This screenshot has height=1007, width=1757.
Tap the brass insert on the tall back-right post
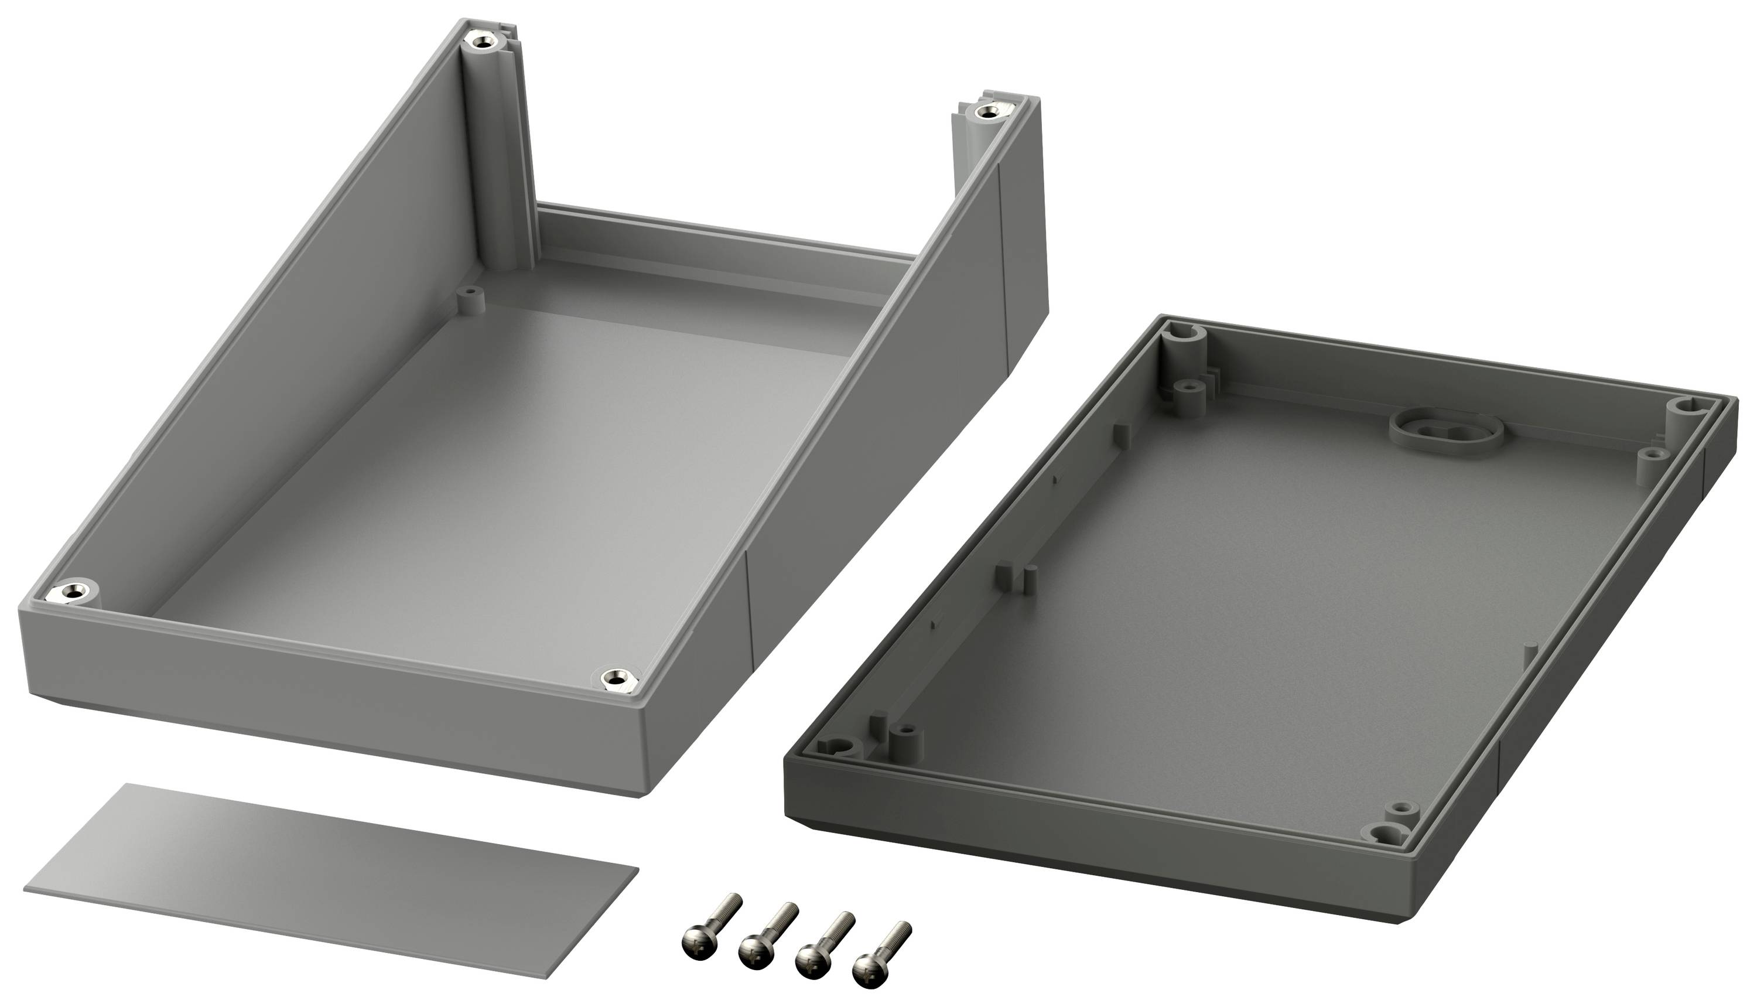pos(987,112)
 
